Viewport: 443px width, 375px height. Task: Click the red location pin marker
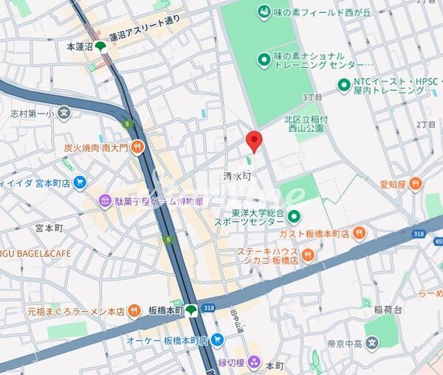click(253, 139)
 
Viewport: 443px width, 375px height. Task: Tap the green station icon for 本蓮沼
click(100, 46)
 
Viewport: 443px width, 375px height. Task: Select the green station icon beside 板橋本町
click(191, 310)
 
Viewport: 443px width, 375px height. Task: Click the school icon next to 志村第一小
click(64, 113)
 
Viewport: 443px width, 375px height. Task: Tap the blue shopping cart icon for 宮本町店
click(80, 182)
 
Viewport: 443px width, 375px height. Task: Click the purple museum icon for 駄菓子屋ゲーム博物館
click(106, 201)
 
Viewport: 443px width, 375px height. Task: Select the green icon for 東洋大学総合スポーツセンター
click(294, 216)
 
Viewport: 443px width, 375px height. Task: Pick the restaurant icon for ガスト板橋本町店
click(360, 234)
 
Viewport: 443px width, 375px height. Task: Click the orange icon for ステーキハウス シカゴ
click(308, 256)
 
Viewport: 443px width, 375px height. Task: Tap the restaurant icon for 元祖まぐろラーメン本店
click(134, 311)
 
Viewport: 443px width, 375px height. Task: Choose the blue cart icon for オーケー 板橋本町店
click(216, 340)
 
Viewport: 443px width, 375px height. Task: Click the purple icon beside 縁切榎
click(255, 362)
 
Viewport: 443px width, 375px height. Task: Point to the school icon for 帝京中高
click(372, 342)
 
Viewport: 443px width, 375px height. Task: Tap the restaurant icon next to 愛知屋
click(416, 182)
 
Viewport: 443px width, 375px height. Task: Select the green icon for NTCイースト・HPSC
click(343, 85)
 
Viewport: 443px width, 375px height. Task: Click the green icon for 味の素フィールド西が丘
click(264, 12)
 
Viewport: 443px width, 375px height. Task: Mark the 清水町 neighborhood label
click(237, 177)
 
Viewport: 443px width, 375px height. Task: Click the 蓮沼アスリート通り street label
click(144, 38)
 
